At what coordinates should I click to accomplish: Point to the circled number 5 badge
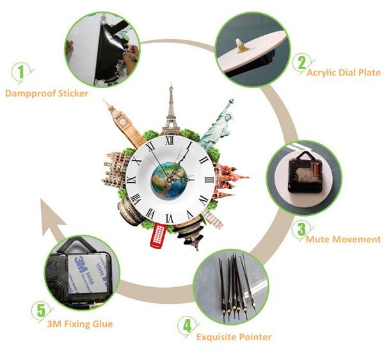[x=41, y=311]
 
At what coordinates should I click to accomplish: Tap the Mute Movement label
[x=343, y=240]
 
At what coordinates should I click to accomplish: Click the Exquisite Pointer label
[x=234, y=337]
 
